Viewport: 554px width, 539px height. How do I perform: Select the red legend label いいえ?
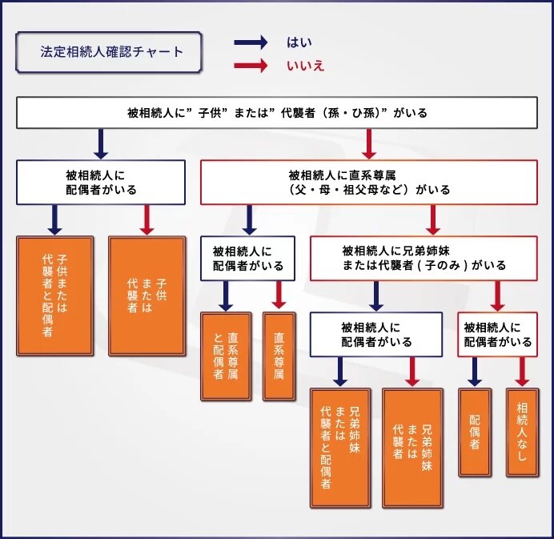tap(305, 66)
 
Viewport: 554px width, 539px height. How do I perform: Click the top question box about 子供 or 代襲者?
tap(277, 113)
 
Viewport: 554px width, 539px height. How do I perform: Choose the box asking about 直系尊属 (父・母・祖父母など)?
tap(369, 182)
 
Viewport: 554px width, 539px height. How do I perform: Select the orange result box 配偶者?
tap(474, 432)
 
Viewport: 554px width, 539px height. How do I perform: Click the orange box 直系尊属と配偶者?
tap(226, 356)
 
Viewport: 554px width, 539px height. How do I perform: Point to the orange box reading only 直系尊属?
tap(279, 356)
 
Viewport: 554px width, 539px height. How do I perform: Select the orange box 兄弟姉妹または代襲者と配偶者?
tap(341, 448)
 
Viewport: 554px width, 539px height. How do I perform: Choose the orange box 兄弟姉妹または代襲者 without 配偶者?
tap(413, 448)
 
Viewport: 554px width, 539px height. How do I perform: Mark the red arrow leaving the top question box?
tap(369, 143)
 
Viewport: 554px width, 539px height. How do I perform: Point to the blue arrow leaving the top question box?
tap(101, 143)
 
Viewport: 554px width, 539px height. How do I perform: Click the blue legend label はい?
tap(299, 43)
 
